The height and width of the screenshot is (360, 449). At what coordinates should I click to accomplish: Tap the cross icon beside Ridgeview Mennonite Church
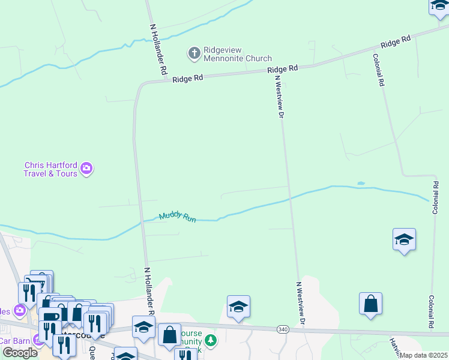[x=194, y=54]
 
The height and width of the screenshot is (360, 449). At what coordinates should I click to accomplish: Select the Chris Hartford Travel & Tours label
[x=50, y=169]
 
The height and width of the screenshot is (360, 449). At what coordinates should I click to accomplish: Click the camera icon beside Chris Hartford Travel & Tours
[x=87, y=169]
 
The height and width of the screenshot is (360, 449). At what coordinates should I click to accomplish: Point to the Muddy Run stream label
[x=177, y=217]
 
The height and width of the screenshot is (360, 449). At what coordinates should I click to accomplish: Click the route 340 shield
[x=283, y=329]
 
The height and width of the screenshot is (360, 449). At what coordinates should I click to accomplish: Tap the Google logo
[x=20, y=353]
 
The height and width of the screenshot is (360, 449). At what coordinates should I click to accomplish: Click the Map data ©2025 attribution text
[x=424, y=355]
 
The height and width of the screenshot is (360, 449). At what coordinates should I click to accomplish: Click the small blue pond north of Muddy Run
[x=360, y=183]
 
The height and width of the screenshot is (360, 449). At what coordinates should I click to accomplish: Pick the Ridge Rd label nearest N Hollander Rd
[x=188, y=79]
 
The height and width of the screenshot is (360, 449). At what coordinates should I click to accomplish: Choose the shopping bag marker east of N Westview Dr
[x=371, y=304]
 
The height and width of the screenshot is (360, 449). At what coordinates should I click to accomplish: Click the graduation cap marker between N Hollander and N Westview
[x=238, y=307]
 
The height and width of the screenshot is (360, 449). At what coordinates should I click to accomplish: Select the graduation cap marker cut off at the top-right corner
[x=439, y=7]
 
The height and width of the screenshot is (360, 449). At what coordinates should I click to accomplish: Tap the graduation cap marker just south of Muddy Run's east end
[x=404, y=240]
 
